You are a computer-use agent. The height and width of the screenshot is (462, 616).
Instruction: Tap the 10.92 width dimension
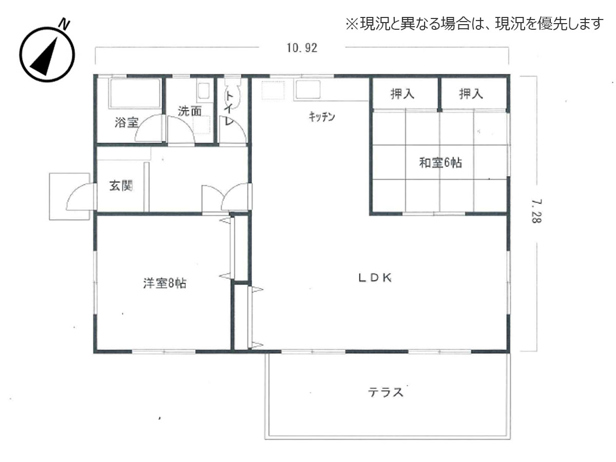[x=302, y=48]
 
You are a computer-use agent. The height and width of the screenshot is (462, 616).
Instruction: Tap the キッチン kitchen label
[x=322, y=117]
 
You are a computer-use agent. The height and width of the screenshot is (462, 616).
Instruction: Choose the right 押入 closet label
[x=471, y=94]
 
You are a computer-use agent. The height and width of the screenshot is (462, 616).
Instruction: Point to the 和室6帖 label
[x=440, y=163]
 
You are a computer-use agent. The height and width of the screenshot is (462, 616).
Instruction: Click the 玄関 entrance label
[x=121, y=186]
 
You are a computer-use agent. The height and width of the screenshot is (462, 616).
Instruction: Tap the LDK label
[x=375, y=278]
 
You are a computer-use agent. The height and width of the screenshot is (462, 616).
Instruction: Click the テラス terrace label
[x=385, y=393]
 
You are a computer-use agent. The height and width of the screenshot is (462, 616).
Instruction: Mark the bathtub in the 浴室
[x=134, y=93]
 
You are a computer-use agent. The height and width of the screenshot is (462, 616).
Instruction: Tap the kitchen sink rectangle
[x=307, y=91]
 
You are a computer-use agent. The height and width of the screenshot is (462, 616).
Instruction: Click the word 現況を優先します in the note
[x=548, y=24]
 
